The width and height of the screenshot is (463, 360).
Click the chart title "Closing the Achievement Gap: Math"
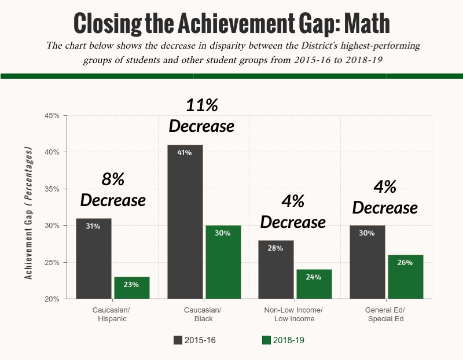pyautogui.click(x=231, y=23)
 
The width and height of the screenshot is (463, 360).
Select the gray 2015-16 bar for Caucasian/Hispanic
pyautogui.click(x=93, y=259)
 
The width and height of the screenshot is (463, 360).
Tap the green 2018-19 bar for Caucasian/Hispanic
pyautogui.click(x=132, y=288)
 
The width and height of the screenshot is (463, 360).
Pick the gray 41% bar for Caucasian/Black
pyautogui.click(x=185, y=222)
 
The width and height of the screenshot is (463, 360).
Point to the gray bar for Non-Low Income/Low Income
pyautogui.click(x=276, y=270)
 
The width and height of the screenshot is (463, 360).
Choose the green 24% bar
pyautogui.click(x=314, y=284)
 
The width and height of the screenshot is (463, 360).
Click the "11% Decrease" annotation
pyautogui.click(x=201, y=115)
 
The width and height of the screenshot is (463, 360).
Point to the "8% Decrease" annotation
pyautogui.click(x=113, y=190)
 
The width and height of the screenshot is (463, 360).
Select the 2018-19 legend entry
pyautogui.click(x=283, y=340)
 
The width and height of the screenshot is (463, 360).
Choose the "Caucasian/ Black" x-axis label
pyautogui.click(x=203, y=314)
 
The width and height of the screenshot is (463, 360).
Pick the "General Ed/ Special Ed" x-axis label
pyautogui.click(x=385, y=314)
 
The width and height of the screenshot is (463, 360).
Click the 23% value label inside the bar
pyautogui.click(x=131, y=285)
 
